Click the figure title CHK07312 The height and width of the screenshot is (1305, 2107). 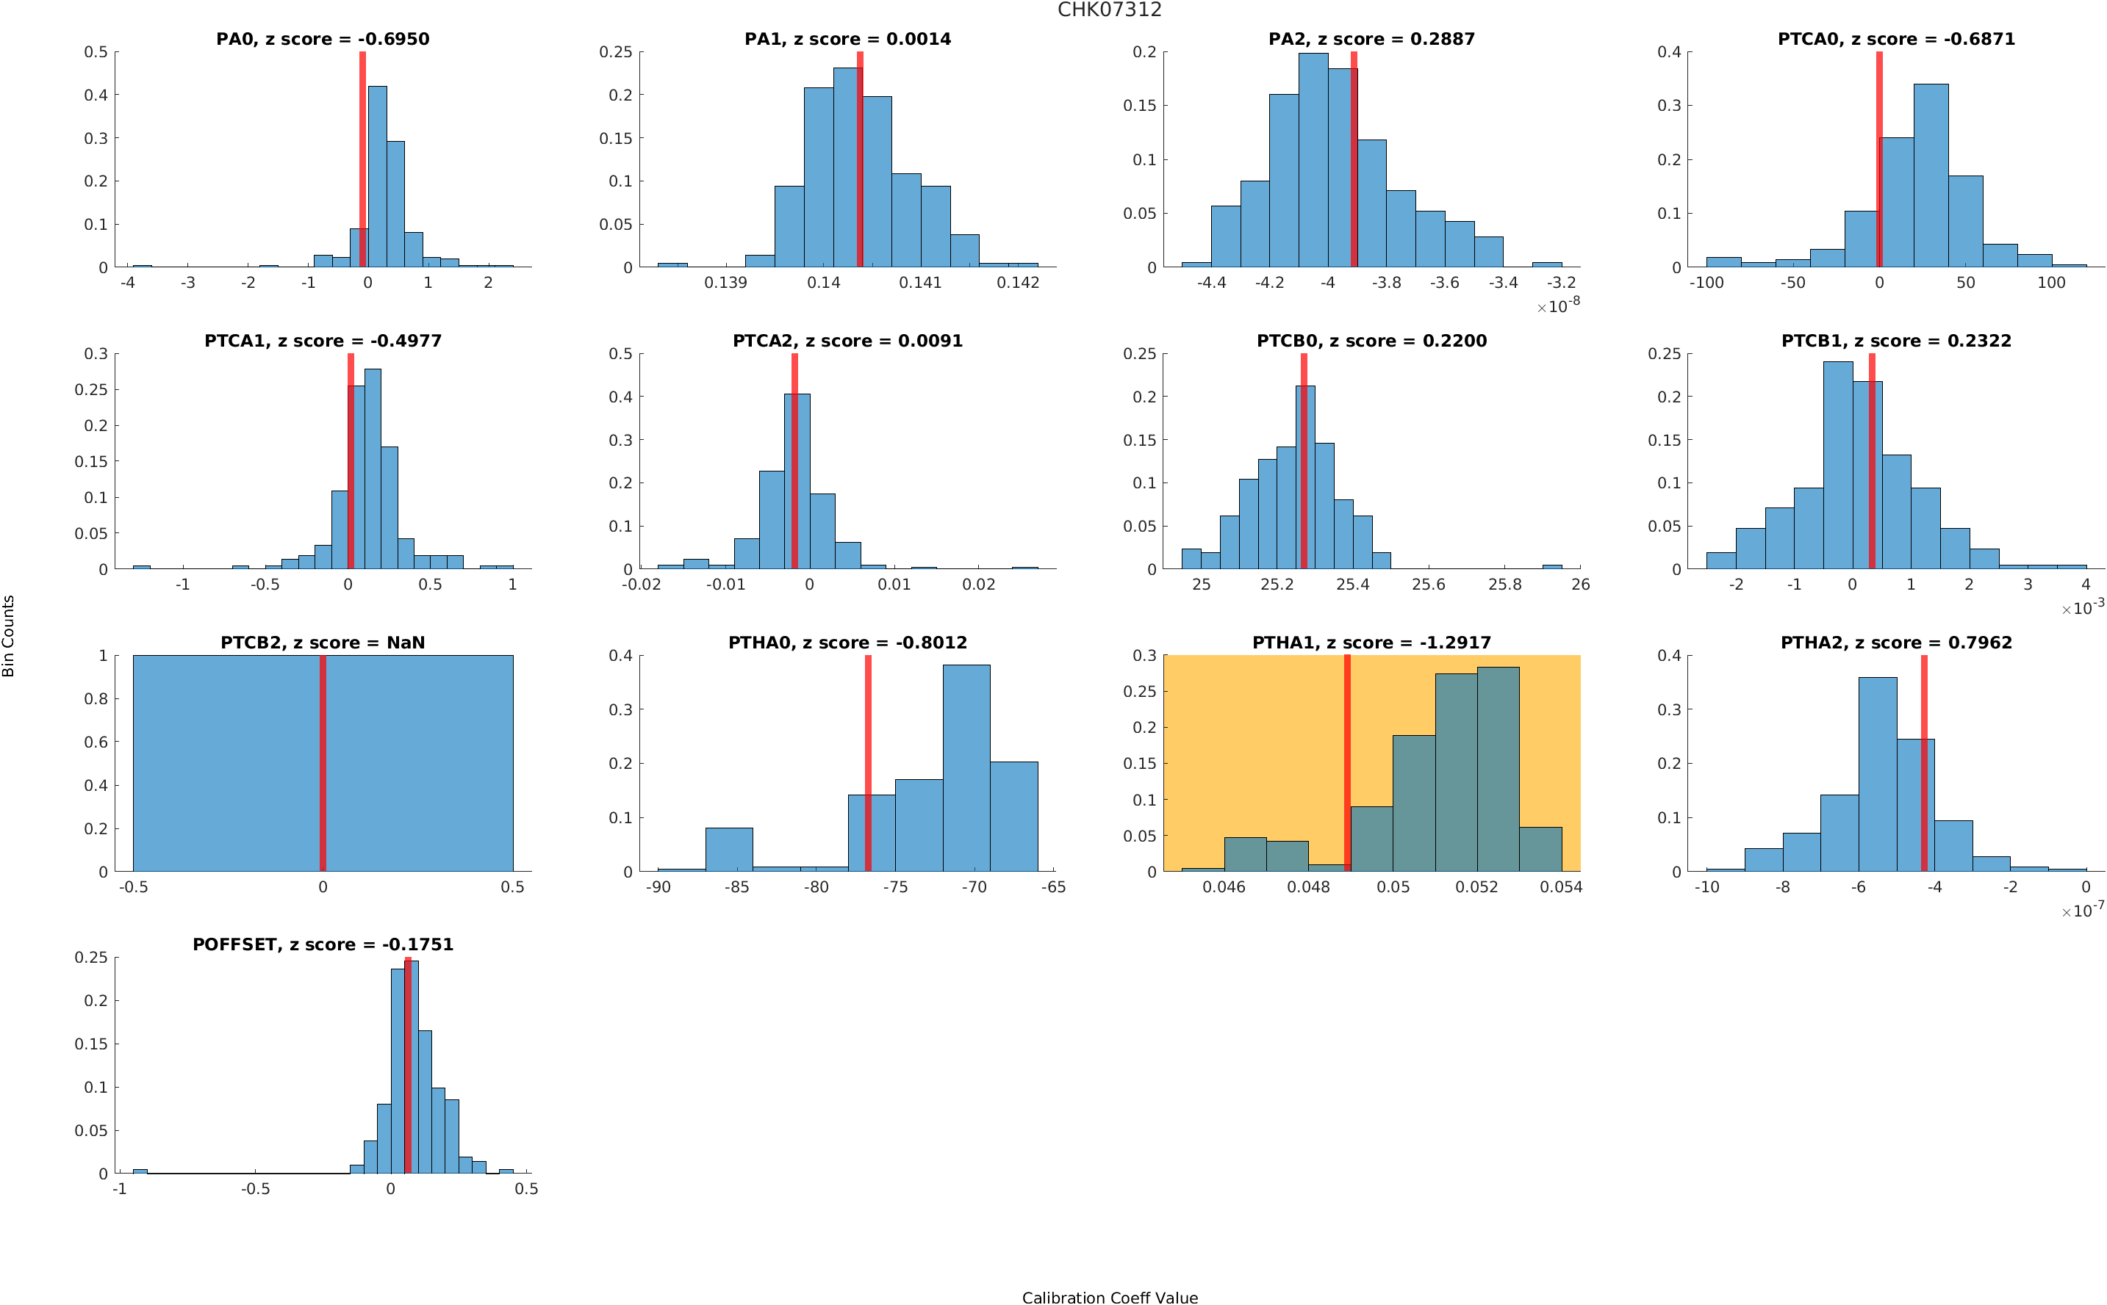tap(1109, 10)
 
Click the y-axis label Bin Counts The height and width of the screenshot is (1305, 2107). tap(9, 635)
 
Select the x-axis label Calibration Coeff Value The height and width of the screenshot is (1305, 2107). tap(1110, 1296)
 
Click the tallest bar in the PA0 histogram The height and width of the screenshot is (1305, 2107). tap(377, 177)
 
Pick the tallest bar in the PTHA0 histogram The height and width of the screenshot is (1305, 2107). tap(966, 767)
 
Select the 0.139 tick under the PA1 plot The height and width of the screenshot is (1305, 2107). tap(725, 282)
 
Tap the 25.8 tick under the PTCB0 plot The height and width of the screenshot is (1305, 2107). tap(1504, 585)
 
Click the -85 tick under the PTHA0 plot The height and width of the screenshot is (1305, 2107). tap(736, 886)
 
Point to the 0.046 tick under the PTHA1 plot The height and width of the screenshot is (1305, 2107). tap(1224, 886)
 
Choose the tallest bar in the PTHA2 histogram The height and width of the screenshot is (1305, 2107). tap(1877, 773)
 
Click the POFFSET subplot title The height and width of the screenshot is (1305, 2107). tap(322, 944)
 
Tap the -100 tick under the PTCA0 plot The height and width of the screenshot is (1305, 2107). tap(1706, 282)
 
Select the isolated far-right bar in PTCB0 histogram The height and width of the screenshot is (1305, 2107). tap(1551, 566)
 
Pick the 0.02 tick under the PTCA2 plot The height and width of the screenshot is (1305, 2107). tap(978, 585)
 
